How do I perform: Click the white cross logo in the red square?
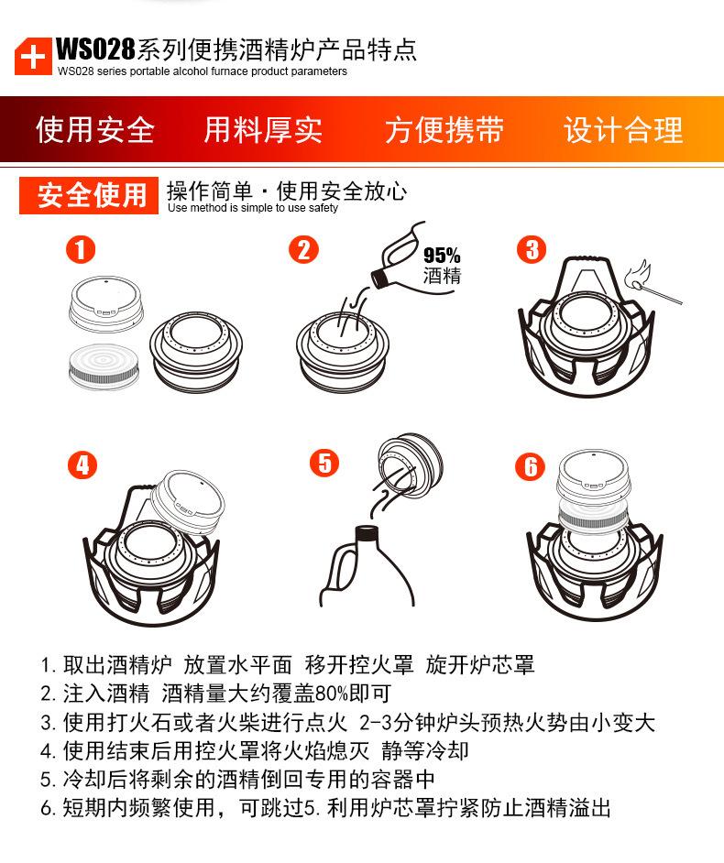(x=33, y=57)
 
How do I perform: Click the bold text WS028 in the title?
(x=95, y=49)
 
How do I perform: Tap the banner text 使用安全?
(x=95, y=130)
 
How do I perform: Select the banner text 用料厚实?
(x=263, y=130)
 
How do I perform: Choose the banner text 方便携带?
(x=444, y=130)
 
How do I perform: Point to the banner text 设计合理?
(x=623, y=130)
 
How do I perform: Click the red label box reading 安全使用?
(x=89, y=195)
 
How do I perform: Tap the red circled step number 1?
(x=81, y=250)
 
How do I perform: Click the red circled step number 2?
(x=304, y=249)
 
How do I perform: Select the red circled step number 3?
(x=532, y=249)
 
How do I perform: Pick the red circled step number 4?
(x=82, y=465)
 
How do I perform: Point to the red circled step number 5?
(x=324, y=463)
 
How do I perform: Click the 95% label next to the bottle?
(x=442, y=256)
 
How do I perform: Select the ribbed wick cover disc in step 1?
(x=104, y=366)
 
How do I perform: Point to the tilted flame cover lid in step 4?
(x=188, y=501)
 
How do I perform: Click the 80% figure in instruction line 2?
(x=332, y=694)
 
